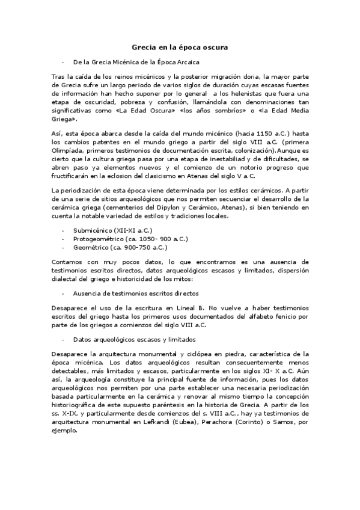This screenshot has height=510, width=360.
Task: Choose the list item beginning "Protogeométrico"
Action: click(x=120, y=239)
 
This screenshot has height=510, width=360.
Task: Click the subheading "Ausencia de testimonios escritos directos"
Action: click(x=135, y=293)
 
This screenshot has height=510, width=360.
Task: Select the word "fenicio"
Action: click(x=284, y=316)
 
